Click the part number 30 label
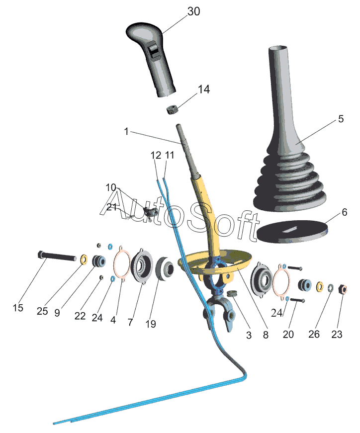(x=194, y=11)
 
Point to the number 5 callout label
(x=341, y=119)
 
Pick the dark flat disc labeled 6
(x=292, y=232)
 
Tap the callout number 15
(x=18, y=308)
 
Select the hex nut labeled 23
(x=343, y=289)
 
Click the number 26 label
(x=314, y=335)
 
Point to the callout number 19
(x=151, y=324)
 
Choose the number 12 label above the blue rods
(x=156, y=155)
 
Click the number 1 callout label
(x=126, y=131)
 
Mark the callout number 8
(x=266, y=335)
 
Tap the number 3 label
(x=249, y=335)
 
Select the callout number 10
(x=111, y=188)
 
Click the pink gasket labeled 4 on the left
(x=122, y=263)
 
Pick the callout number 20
(x=288, y=335)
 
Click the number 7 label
(x=130, y=322)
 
